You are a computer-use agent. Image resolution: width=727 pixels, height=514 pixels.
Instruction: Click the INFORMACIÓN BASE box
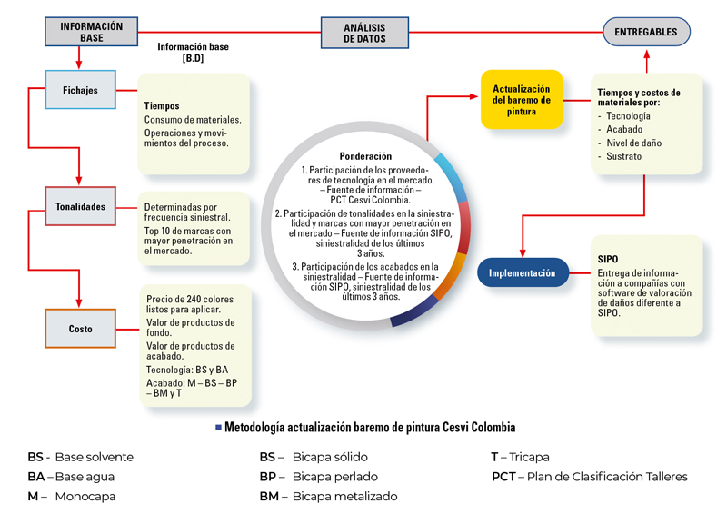click(x=92, y=32)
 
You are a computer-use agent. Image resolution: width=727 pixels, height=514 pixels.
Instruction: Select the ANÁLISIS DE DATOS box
click(x=364, y=33)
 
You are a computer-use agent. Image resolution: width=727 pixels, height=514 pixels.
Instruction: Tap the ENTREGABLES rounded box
click(x=646, y=32)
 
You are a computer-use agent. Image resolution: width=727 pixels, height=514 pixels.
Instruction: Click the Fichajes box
click(x=80, y=90)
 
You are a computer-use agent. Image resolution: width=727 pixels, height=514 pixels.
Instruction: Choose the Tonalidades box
click(x=80, y=206)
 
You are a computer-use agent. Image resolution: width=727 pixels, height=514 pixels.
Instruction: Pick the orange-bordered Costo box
click(x=80, y=329)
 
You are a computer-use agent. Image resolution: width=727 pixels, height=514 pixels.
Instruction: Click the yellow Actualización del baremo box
click(x=522, y=100)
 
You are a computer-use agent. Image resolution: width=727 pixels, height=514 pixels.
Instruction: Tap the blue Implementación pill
click(x=523, y=272)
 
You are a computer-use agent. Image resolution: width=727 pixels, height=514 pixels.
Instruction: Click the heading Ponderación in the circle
click(x=365, y=156)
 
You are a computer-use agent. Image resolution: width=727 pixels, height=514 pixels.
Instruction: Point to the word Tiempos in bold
click(x=162, y=105)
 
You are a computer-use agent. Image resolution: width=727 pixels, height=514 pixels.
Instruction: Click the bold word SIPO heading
click(x=607, y=259)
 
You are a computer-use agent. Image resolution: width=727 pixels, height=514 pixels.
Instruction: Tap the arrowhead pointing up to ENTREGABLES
click(x=647, y=54)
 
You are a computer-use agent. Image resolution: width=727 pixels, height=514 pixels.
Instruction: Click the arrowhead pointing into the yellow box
click(x=473, y=96)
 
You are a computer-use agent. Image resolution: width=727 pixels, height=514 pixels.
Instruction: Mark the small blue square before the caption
click(x=218, y=428)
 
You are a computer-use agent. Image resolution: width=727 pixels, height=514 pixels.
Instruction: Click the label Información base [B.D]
click(x=193, y=52)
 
